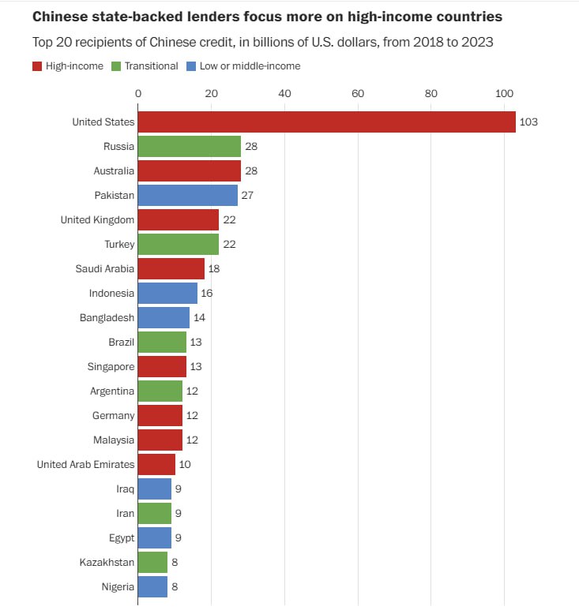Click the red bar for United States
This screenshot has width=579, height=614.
326,122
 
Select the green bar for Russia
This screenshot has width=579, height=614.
190,146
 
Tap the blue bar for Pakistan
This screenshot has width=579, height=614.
188,195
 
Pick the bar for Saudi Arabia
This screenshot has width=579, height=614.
171,268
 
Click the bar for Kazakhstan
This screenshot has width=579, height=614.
152,562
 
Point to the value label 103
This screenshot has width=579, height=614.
528,122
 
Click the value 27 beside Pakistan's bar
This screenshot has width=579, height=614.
247,195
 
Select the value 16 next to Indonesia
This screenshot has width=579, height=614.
207,293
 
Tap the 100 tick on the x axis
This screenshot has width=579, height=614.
504,94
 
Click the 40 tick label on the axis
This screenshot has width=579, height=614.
284,94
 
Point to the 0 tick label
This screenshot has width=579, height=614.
138,94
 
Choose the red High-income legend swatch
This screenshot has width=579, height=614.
37,66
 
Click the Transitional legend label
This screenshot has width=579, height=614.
152,66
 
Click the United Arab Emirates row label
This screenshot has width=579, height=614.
85,464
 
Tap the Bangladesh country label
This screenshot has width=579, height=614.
107,317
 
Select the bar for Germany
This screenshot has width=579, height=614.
160,415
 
